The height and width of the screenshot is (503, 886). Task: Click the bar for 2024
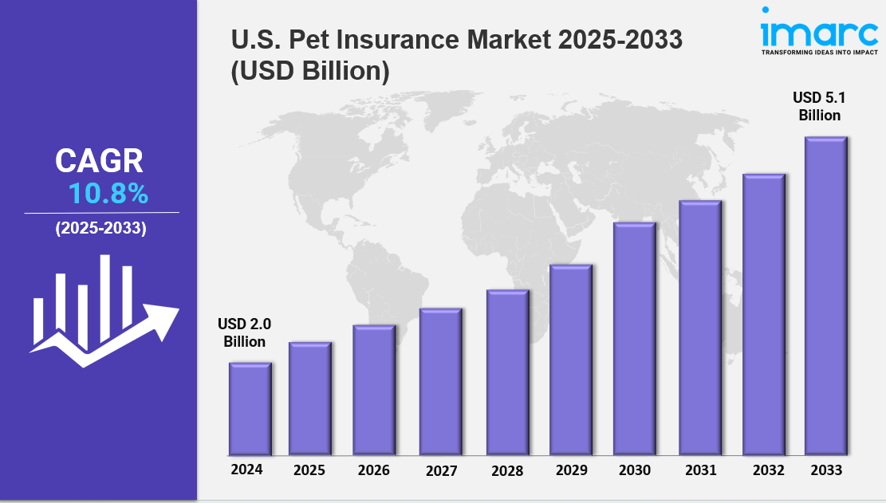coord(250,409)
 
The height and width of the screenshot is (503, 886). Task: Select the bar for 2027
coord(441,382)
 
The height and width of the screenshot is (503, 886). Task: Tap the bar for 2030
coord(634,339)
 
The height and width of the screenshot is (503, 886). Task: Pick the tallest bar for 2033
coord(825,296)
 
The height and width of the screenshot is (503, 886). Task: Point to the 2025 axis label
coord(309,470)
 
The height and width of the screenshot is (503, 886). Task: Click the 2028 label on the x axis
coord(506,471)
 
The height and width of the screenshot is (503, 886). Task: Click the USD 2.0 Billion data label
coord(244,333)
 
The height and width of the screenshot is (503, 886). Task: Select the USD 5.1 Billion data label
coord(816,106)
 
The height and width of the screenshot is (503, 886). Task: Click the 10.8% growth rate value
coord(108,194)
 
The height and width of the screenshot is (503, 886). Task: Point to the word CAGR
coord(99,162)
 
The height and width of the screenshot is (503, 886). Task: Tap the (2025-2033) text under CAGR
coord(100,229)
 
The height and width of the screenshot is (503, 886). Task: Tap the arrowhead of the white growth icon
coord(166,318)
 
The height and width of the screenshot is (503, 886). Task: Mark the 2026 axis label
coord(373,470)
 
